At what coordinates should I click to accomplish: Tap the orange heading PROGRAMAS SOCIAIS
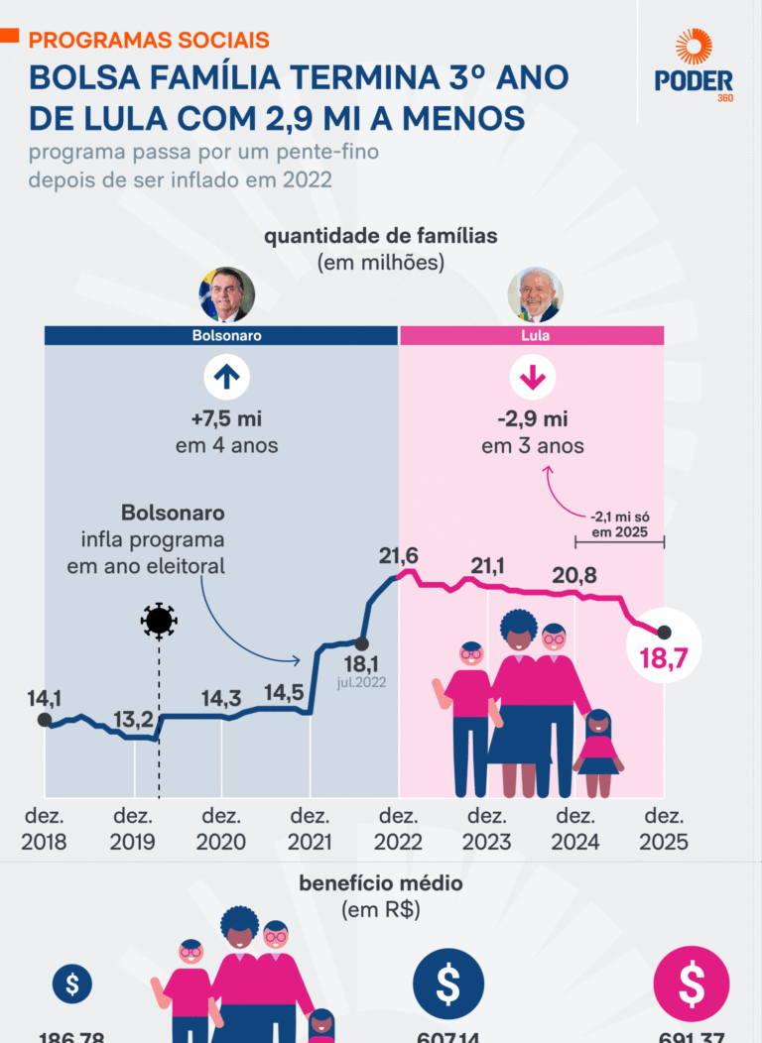pos(149,40)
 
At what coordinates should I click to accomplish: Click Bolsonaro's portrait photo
pos(226,294)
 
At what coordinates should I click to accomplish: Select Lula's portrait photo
pos(535,294)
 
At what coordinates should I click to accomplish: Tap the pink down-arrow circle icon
pos(533,378)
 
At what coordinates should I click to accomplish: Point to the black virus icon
pos(159,621)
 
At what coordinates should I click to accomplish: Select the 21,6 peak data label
pos(398,556)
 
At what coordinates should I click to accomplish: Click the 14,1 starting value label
pos(43,697)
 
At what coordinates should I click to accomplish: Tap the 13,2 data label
pos(131,719)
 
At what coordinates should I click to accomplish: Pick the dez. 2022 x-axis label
pos(398,829)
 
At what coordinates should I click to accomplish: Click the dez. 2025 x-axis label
pos(663,829)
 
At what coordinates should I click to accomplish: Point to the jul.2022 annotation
pos(361,682)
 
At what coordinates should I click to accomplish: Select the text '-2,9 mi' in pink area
pos(533,417)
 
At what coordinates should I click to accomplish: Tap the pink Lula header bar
pos(532,335)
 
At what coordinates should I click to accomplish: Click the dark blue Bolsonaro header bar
pos(221,335)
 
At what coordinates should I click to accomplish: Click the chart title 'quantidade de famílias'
pos(380,237)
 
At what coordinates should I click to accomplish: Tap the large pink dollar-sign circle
pos(692,985)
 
